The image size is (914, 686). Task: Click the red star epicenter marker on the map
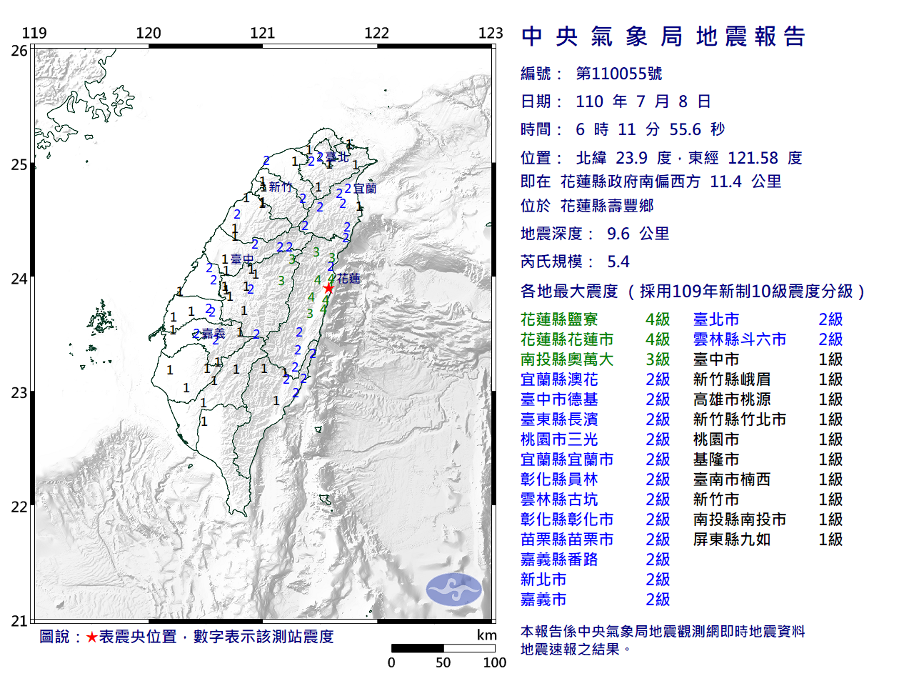pyautogui.click(x=328, y=288)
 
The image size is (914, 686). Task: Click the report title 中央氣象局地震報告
pyautogui.click(x=663, y=36)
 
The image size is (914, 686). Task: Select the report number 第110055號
pyautogui.click(x=618, y=74)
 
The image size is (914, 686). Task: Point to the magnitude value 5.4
pyautogui.click(x=618, y=262)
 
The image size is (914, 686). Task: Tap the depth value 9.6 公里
pyautogui.click(x=638, y=234)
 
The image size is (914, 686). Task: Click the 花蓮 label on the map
pyautogui.click(x=348, y=278)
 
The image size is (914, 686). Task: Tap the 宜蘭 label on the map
pyautogui.click(x=365, y=189)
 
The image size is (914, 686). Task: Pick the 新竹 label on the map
pyautogui.click(x=281, y=187)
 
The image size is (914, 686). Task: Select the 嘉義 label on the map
pyautogui.click(x=213, y=334)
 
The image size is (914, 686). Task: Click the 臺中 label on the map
pyautogui.click(x=241, y=259)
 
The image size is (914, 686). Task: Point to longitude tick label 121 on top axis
pyautogui.click(x=263, y=33)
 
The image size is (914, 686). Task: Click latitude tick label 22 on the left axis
pyautogui.click(x=19, y=507)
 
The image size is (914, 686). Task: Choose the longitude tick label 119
pyautogui.click(x=34, y=33)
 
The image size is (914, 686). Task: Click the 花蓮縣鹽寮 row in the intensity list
pyautogui.click(x=559, y=319)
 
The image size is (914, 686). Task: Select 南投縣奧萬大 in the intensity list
pyautogui.click(x=567, y=359)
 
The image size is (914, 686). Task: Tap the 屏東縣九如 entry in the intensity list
pyautogui.click(x=732, y=540)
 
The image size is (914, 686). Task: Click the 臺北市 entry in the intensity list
pyautogui.click(x=716, y=319)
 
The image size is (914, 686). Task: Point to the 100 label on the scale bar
pyautogui.click(x=494, y=662)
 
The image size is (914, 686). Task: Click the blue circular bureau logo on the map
pyautogui.click(x=453, y=589)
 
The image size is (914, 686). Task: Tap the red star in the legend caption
pyautogui.click(x=91, y=637)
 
